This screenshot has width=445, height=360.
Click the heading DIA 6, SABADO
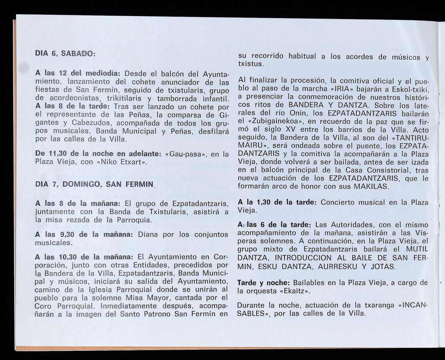tap(65, 54)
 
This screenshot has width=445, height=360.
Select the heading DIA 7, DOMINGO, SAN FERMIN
tap(94, 184)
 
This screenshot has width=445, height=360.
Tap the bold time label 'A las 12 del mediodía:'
tap(78, 74)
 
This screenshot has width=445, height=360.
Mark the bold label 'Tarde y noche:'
tap(264, 283)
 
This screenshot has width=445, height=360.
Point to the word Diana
tap(148, 235)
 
